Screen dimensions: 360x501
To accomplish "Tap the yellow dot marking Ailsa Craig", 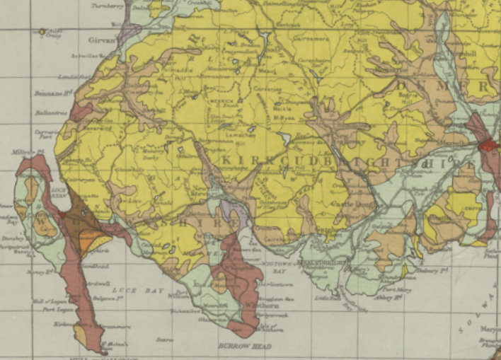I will click(x=42, y=31).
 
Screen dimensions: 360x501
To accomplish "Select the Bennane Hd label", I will click(x=50, y=93).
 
